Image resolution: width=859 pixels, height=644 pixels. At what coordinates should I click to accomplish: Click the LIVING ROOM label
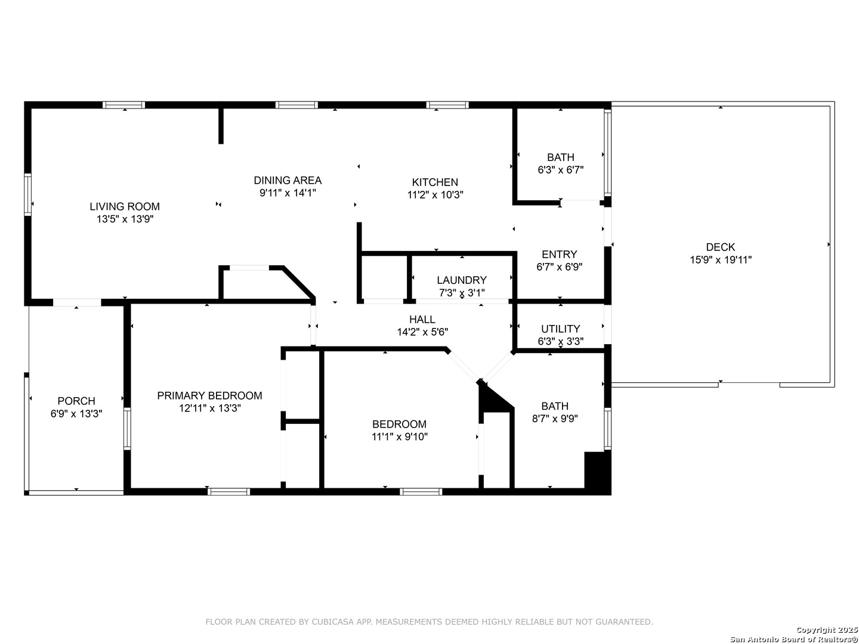125,206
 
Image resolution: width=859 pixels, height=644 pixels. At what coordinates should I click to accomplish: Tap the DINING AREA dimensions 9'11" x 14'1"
288,193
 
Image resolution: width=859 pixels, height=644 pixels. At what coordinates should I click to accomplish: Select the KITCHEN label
435,182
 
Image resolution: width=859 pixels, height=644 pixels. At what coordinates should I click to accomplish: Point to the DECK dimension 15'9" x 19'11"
721,259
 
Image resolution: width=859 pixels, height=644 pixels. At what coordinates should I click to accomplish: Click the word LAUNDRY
462,280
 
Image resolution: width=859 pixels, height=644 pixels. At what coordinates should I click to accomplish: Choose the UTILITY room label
560,329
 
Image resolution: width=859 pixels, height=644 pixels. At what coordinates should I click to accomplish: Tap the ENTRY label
559,255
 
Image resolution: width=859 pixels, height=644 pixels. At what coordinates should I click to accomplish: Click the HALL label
422,320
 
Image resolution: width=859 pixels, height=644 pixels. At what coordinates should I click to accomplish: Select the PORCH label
76,401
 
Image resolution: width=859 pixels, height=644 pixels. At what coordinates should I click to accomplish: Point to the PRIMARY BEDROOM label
210,395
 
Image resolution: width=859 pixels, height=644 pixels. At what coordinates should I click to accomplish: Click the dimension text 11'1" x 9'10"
400,436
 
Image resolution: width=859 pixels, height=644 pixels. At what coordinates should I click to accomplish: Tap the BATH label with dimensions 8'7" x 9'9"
555,406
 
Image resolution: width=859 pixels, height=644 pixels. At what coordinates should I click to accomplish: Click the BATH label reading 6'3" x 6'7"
561,157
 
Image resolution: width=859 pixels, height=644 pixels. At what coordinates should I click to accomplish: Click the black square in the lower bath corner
598,470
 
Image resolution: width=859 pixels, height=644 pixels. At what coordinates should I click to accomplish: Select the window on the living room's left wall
28,195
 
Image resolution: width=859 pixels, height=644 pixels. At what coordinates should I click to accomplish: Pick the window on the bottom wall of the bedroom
421,491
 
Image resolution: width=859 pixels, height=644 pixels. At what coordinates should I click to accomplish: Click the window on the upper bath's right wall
607,153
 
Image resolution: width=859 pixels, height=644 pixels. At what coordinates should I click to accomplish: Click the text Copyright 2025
827,630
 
